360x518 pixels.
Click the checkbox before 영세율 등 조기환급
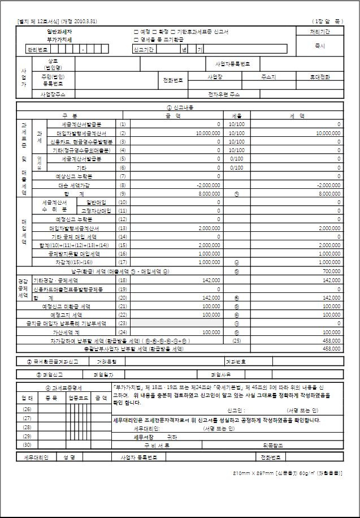(x=135, y=40)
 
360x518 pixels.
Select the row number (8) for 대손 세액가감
(x=122, y=185)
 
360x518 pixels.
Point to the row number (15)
(x=122, y=245)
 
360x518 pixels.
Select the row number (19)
(x=122, y=289)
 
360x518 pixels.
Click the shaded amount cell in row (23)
(x=170, y=323)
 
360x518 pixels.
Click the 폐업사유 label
(x=221, y=374)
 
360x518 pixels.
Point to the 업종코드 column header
(x=77, y=398)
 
